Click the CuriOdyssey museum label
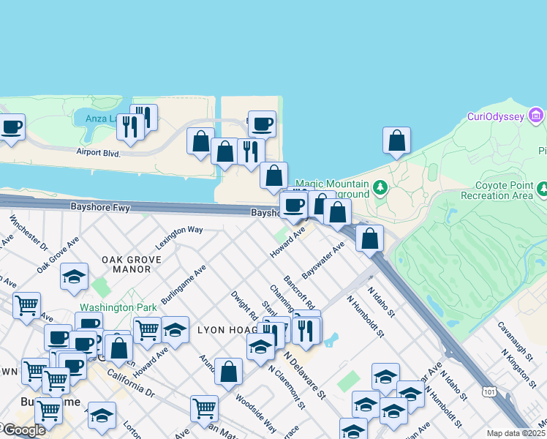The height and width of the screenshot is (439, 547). [497, 117]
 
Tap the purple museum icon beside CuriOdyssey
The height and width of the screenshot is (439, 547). [536, 116]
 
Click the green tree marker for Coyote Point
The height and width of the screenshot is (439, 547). [543, 190]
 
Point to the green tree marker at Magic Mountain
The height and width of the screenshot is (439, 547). [380, 188]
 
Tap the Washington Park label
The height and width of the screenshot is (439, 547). [108, 308]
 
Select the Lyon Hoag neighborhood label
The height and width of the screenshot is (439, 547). [224, 331]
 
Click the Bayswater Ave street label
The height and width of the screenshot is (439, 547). [322, 260]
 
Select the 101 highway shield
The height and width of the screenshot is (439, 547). [487, 392]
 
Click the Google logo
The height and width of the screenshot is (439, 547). [23, 430]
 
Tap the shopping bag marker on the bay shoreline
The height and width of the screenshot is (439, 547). [396, 141]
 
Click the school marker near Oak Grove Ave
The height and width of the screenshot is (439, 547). [74, 277]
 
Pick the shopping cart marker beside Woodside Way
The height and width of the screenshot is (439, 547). [204, 408]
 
